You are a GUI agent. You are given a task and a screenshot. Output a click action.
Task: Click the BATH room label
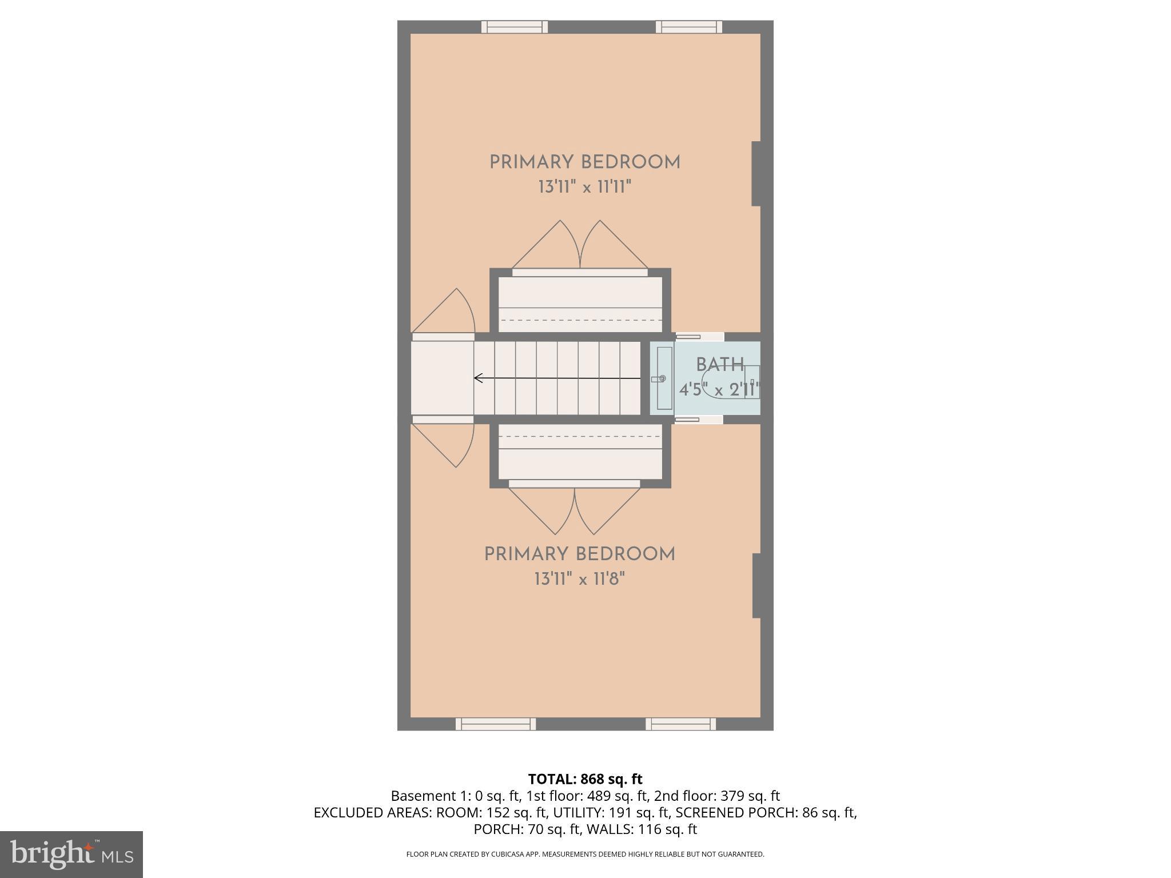(719, 365)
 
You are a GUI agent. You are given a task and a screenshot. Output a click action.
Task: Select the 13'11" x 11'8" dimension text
(579, 579)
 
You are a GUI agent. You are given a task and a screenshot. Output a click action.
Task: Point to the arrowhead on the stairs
(477, 378)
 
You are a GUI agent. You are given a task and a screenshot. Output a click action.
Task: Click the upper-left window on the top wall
(514, 27)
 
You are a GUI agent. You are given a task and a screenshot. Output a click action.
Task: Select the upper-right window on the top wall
(688, 27)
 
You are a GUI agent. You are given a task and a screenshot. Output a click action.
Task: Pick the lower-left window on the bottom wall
(496, 724)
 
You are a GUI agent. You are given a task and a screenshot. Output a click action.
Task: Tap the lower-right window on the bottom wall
(680, 724)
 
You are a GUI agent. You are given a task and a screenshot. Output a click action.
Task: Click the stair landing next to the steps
(442, 378)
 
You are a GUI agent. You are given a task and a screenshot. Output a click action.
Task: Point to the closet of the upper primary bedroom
(580, 304)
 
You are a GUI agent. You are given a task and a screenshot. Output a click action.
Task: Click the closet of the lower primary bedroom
(580, 452)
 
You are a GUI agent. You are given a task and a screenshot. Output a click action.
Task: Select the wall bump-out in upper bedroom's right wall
(756, 173)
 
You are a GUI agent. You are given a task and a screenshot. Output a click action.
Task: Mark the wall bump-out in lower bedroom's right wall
(756, 585)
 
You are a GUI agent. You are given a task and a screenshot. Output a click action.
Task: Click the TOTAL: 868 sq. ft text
(585, 779)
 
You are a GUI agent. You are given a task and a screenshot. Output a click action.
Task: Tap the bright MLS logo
(71, 854)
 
